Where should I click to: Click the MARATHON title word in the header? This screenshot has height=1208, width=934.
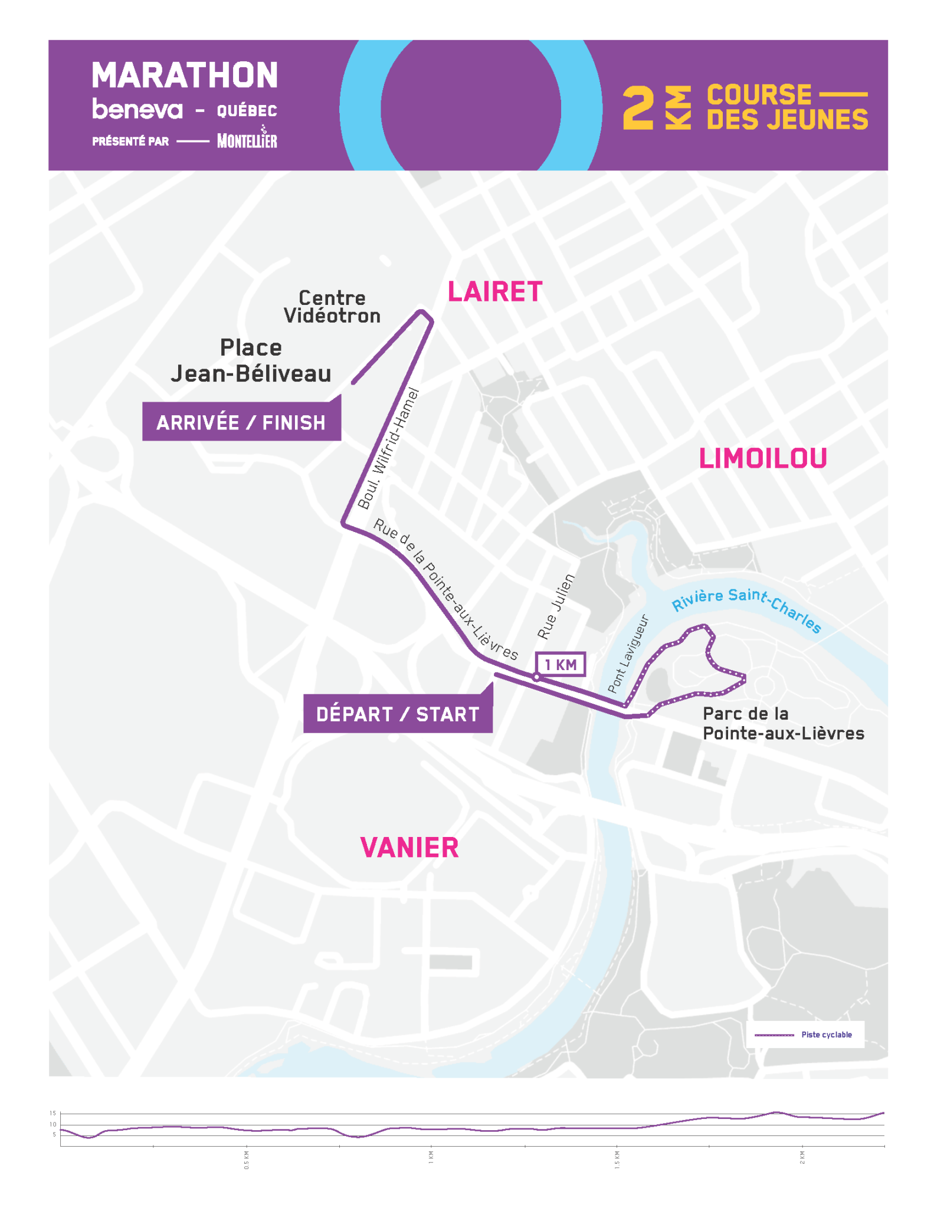[x=185, y=75]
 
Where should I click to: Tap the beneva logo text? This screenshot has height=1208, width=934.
[x=137, y=109]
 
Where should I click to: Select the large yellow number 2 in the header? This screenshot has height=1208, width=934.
[x=638, y=108]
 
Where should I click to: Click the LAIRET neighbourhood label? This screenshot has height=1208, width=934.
[x=494, y=292]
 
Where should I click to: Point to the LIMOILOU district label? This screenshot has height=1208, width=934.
[x=762, y=458]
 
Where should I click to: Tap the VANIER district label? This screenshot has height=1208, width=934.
[x=409, y=848]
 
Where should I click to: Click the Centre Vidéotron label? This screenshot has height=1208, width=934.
[x=332, y=307]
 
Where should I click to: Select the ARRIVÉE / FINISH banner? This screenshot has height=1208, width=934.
[x=241, y=422]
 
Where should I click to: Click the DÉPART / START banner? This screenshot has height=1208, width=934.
[x=397, y=714]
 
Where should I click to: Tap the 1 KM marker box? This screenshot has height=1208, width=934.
[x=560, y=665]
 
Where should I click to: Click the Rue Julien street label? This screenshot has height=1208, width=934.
[x=556, y=606]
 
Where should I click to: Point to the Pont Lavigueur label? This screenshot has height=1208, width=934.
[x=628, y=654]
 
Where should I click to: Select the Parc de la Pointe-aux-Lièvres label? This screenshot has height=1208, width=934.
[x=782, y=723]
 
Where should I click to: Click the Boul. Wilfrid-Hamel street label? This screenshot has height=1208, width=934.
[x=388, y=448]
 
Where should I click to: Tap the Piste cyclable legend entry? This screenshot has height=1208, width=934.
[x=805, y=1034]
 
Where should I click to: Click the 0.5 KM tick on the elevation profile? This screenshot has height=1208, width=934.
[x=247, y=1160]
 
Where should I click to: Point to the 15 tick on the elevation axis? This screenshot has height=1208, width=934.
[x=53, y=1114]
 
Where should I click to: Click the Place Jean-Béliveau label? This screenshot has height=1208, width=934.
[x=251, y=360]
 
